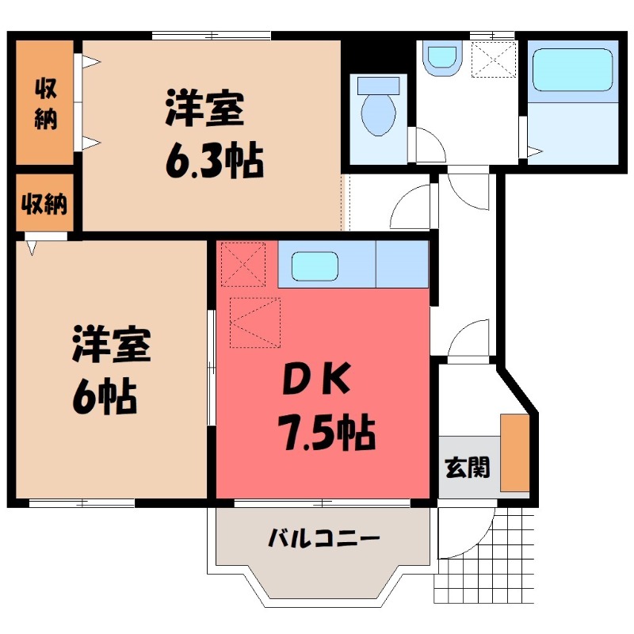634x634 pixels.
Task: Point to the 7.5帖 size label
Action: click(325, 432)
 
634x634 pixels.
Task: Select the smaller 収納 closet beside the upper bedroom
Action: click(44, 204)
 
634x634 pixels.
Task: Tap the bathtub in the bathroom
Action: click(572, 70)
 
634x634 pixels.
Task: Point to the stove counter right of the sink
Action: click(402, 265)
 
